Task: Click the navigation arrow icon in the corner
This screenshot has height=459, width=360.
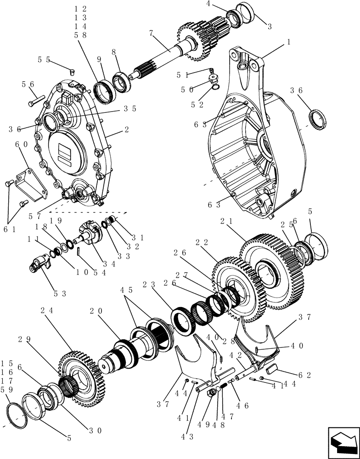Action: (x=343, y=442)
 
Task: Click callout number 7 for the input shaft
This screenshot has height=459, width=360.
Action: (x=151, y=33)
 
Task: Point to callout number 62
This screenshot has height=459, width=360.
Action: (x=304, y=375)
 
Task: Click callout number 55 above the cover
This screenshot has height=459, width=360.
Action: (x=44, y=60)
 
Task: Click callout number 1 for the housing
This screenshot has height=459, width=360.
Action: (x=288, y=41)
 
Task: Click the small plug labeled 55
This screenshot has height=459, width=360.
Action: (x=71, y=71)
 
